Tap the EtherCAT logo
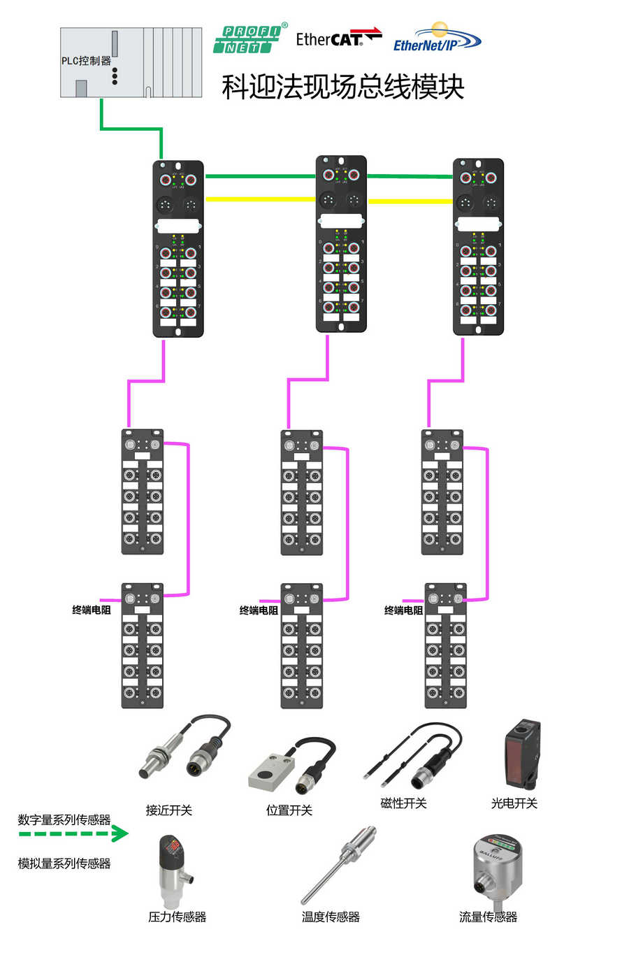(x=338, y=38)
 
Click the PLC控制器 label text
(x=86, y=61)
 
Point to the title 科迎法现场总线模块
(x=342, y=87)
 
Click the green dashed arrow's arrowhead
(x=122, y=833)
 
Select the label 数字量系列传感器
(x=64, y=819)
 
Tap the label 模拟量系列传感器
(x=64, y=864)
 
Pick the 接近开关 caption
(x=168, y=810)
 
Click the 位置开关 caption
(x=289, y=810)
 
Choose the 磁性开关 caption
(x=403, y=803)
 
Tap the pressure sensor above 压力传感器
(x=171, y=871)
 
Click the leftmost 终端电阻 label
(x=91, y=610)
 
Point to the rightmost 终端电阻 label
(x=403, y=610)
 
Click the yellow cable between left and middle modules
(x=260, y=199)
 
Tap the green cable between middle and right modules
(x=410, y=176)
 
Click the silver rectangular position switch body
(x=270, y=773)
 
